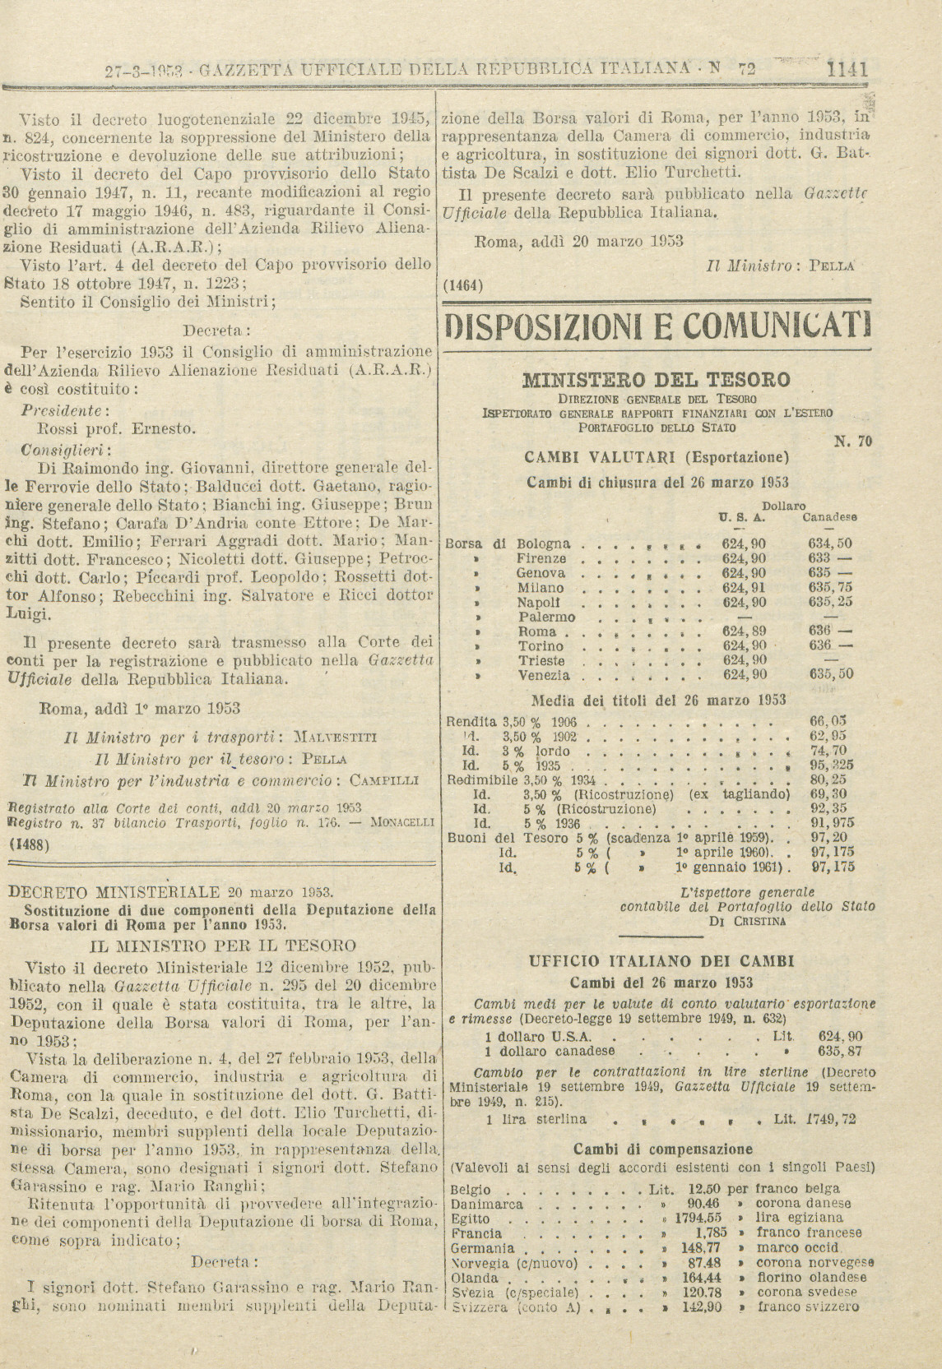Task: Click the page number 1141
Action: click(848, 70)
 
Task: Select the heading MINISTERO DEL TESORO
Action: click(656, 380)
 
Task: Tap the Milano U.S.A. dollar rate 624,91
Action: click(744, 588)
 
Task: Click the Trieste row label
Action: click(541, 661)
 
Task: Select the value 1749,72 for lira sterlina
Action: click(833, 1119)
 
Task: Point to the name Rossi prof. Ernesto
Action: click(118, 428)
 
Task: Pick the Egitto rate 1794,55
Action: click(698, 1218)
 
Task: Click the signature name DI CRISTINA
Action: click(747, 921)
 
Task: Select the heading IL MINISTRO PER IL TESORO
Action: click(223, 946)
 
